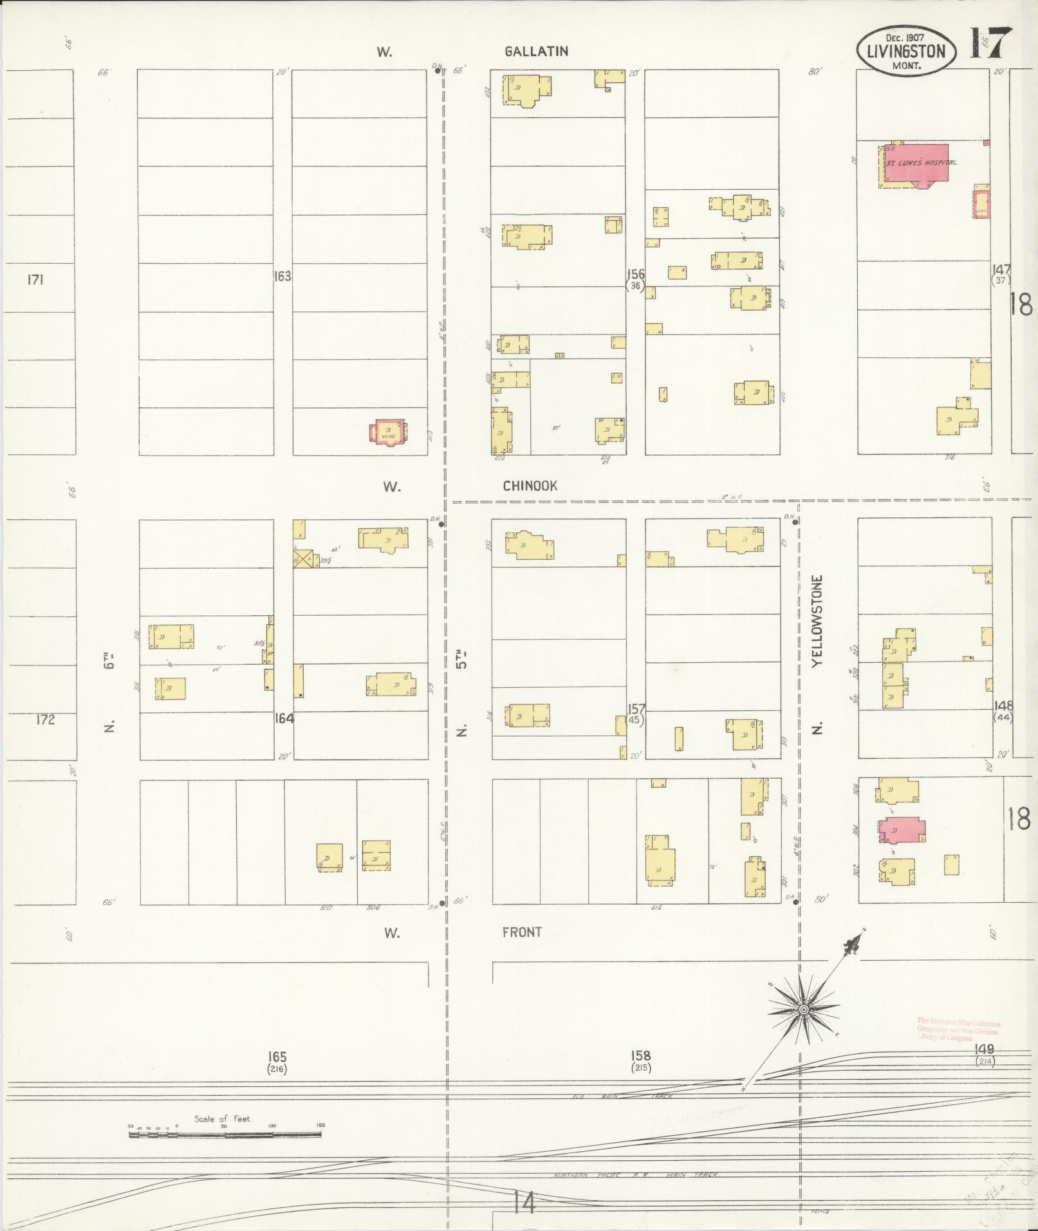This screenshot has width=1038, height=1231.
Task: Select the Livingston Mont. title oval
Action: point(905,51)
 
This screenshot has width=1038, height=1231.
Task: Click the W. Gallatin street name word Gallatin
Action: point(536,51)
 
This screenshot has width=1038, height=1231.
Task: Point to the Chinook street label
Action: point(530,486)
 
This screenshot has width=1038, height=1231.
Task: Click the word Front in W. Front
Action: point(521,932)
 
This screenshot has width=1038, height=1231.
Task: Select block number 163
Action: point(282,276)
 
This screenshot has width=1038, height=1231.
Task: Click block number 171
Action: point(35,279)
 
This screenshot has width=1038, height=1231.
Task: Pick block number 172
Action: point(45,719)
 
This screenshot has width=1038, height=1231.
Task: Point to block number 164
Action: point(284,718)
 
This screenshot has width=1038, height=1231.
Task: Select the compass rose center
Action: point(802,1011)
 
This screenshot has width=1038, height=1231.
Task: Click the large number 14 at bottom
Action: point(524,1202)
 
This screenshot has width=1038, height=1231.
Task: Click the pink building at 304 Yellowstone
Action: point(900,830)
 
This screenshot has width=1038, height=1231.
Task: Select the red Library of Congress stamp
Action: point(958,1030)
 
